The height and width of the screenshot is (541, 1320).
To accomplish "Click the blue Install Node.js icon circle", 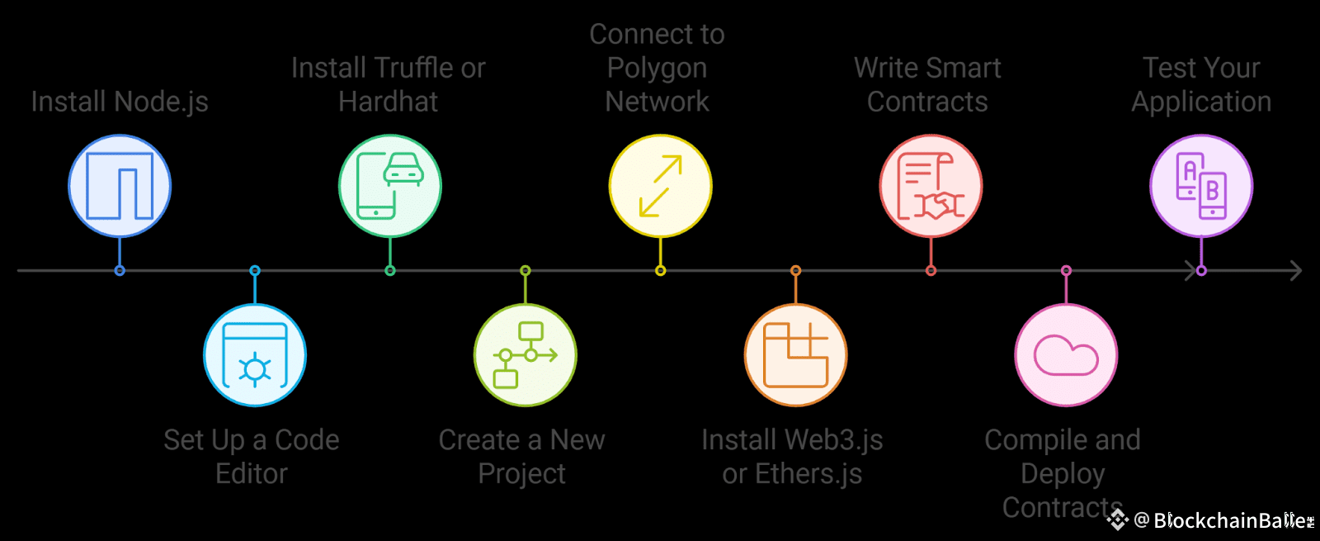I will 120,186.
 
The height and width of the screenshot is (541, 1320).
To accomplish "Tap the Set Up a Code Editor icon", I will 255,355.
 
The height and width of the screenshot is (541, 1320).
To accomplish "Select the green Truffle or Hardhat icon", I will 390,186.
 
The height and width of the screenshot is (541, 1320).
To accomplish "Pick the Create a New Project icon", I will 526,355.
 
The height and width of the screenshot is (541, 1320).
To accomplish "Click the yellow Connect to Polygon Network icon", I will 660,186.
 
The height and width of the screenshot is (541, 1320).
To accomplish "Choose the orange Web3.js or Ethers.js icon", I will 795,355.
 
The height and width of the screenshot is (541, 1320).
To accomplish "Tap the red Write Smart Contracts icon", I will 931,186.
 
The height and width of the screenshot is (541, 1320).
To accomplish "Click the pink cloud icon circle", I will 1066,355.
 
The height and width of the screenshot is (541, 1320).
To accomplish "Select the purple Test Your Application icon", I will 1201,186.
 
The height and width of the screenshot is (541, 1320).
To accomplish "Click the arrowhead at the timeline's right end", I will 1295,270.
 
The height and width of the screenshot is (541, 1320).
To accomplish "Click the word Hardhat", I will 388,102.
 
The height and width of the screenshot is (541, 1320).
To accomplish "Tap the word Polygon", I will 657,68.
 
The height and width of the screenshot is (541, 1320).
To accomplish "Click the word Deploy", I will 1063,474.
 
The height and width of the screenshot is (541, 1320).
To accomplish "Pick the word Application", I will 1201,102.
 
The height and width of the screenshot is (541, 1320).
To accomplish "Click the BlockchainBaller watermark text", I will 1233,520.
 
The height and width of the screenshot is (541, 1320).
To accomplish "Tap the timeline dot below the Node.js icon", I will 120,271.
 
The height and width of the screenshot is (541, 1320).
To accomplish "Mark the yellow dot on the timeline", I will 660,271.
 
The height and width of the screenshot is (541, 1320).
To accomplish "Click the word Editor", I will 252,474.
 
